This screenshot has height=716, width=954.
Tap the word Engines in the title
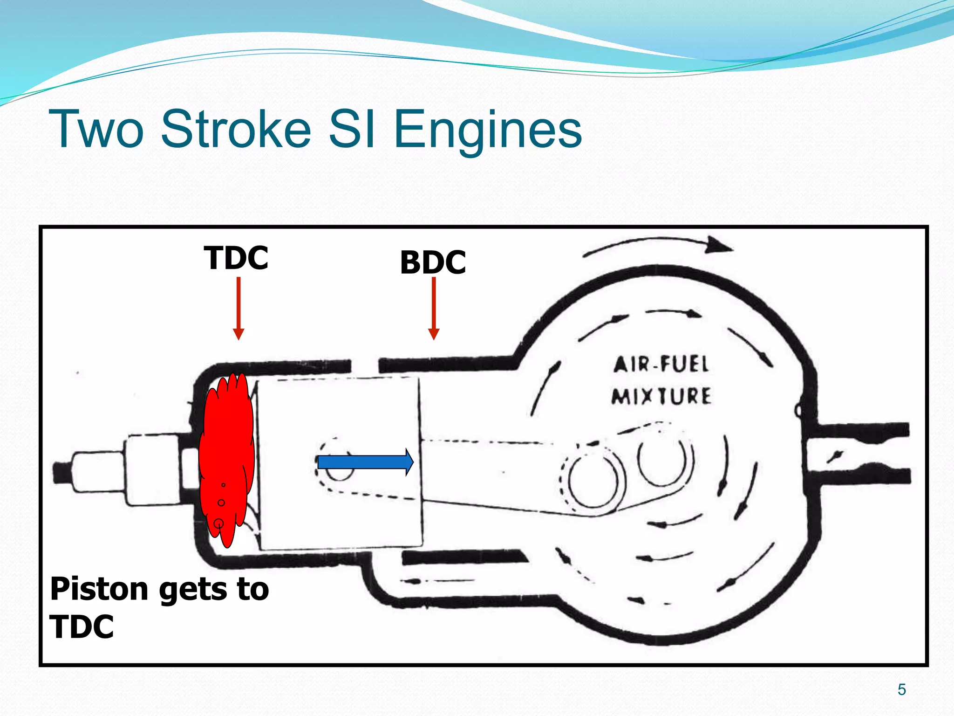(x=488, y=129)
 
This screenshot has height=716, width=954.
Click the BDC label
(x=433, y=262)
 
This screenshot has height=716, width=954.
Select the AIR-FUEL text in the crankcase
(x=661, y=364)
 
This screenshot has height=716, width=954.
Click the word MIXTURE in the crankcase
(x=661, y=396)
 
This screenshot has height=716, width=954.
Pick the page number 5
(x=901, y=689)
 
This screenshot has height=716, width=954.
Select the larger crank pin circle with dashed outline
(x=593, y=480)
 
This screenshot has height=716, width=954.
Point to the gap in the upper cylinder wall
(x=365, y=366)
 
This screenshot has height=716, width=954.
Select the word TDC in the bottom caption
(x=82, y=626)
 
